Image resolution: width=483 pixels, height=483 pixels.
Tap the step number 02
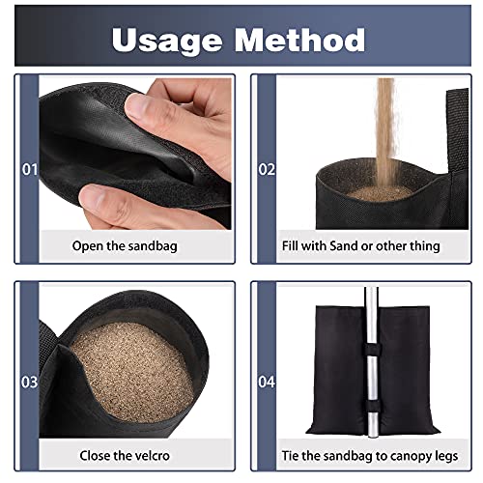264,170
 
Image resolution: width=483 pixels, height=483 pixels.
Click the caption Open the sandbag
126,245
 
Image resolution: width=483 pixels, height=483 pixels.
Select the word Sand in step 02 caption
336,245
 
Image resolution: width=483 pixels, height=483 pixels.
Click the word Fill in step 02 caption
285,245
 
